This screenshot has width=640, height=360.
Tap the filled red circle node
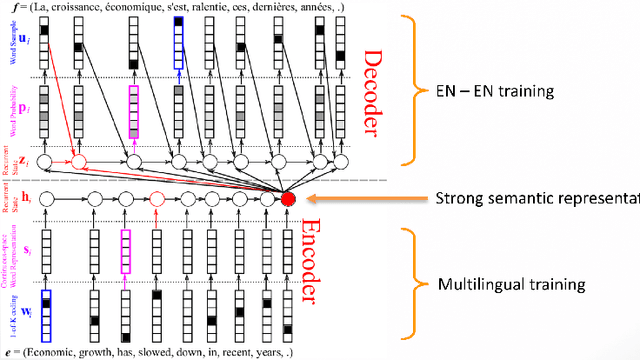tap(289, 198)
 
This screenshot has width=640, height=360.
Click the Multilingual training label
tap(512, 285)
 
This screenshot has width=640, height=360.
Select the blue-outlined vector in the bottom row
tap(46, 312)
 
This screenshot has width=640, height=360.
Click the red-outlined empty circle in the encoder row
tap(156, 198)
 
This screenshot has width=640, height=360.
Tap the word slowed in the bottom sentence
tap(157, 352)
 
